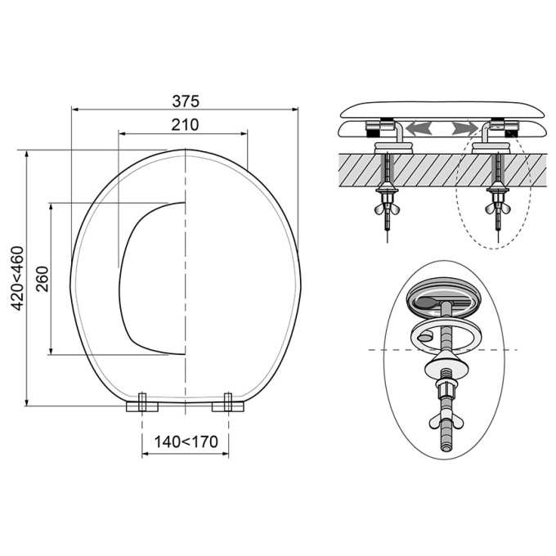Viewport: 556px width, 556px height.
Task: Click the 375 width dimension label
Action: tap(186, 101)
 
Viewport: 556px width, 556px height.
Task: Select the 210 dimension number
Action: tap(185, 125)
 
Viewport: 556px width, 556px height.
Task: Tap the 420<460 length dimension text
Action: tap(18, 278)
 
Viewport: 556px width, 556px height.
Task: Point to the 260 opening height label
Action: tap(43, 278)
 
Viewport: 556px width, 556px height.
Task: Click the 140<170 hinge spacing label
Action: tap(186, 442)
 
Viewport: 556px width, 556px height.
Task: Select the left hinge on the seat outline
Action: tap(142, 404)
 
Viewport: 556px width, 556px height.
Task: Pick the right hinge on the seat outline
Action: tap(228, 404)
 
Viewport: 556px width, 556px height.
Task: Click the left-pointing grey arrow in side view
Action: tap(419, 128)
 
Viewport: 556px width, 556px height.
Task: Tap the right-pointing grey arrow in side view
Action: tap(464, 128)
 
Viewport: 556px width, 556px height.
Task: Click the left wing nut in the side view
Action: tap(387, 208)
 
